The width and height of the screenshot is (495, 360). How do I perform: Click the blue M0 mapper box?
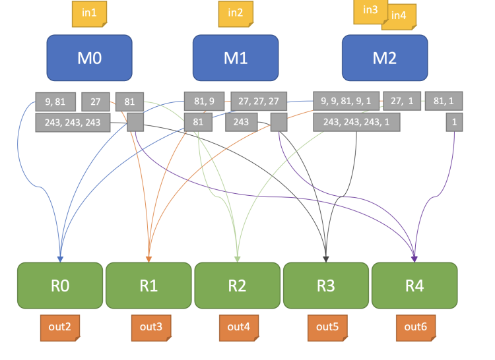click(89, 58)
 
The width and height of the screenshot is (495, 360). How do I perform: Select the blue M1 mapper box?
click(236, 58)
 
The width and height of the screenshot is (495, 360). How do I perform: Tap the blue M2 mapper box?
click(384, 58)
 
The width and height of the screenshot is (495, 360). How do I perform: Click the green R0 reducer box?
click(60, 285)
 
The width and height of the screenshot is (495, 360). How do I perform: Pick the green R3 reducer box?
click(326, 285)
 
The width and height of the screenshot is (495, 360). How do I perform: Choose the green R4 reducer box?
click(414, 285)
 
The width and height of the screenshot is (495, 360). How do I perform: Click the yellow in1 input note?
click(89, 13)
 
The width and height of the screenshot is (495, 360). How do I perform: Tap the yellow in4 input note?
click(400, 16)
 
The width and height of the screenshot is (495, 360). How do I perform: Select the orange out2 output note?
click(60, 327)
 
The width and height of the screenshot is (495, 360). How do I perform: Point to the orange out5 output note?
click(326, 327)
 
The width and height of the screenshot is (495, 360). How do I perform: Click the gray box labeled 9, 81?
click(55, 102)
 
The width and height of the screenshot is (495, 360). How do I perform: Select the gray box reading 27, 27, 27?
click(259, 102)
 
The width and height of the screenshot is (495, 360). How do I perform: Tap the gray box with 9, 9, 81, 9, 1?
click(346, 102)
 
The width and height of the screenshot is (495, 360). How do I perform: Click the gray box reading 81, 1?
click(444, 102)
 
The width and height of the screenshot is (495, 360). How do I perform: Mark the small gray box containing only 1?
click(454, 123)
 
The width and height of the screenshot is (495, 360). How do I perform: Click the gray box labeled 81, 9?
click(204, 102)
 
